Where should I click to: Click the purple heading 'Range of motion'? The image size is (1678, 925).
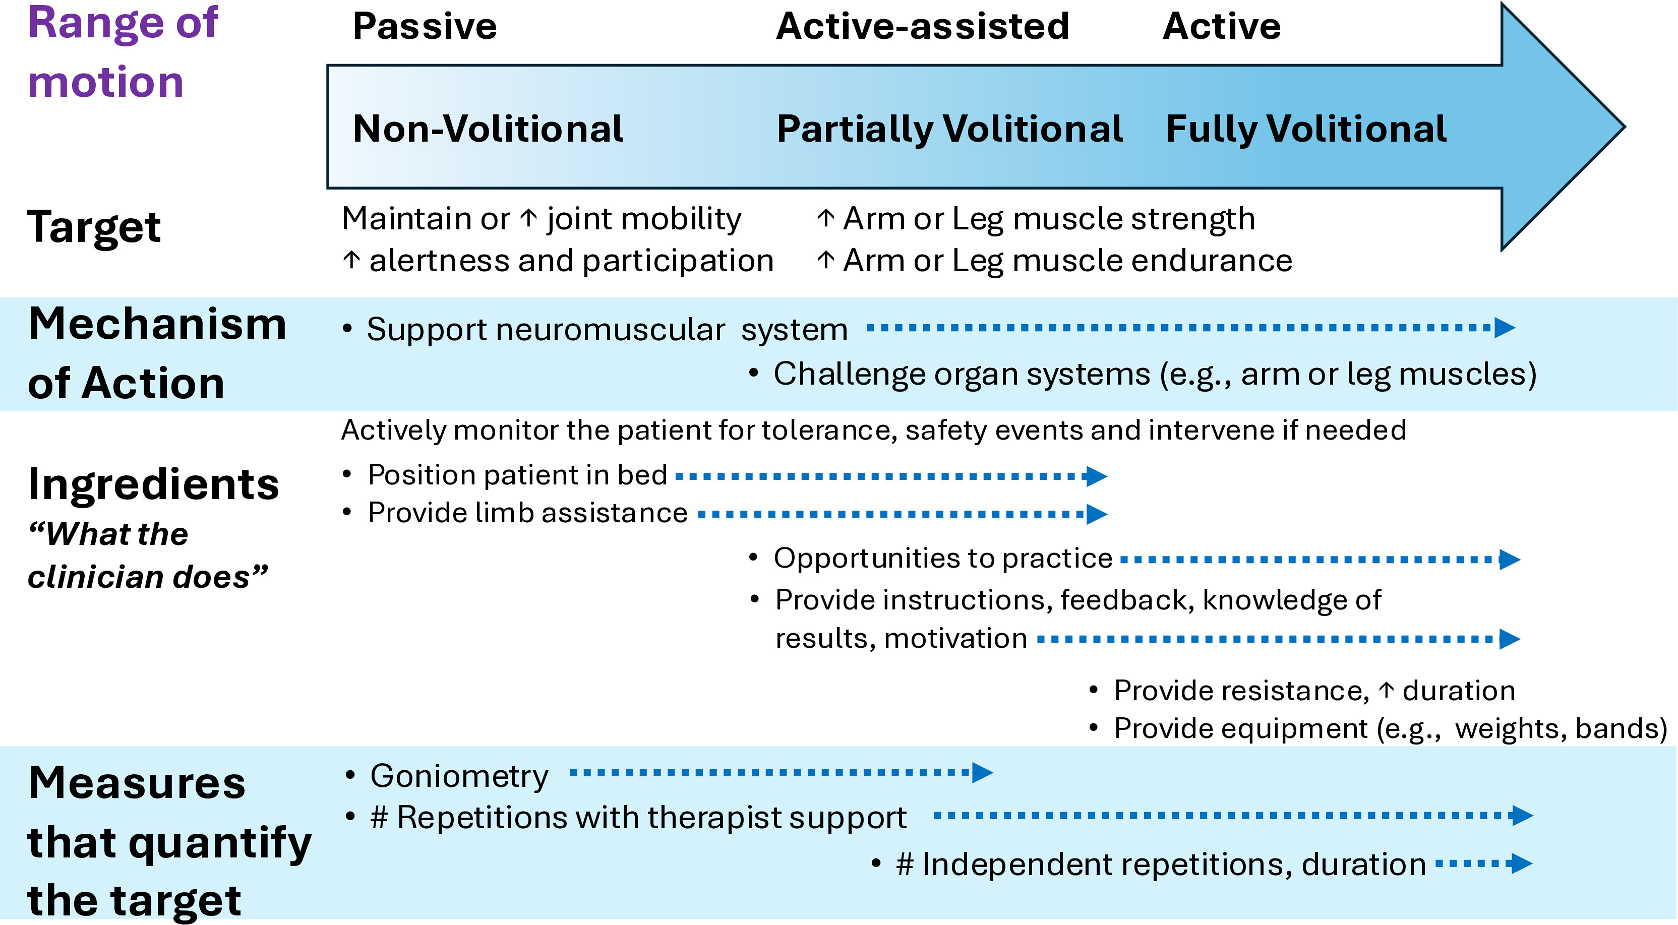pyautogui.click(x=123, y=52)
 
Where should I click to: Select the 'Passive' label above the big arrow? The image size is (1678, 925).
pyautogui.click(x=425, y=26)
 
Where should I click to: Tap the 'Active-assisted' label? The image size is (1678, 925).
pyautogui.click(x=922, y=26)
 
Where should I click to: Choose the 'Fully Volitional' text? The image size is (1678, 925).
pyautogui.click(x=1306, y=129)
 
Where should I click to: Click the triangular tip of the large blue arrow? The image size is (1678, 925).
pyautogui.click(x=1625, y=127)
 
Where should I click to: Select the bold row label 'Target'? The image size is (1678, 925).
pyautogui.click(x=94, y=227)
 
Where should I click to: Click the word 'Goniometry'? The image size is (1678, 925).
pyautogui.click(x=459, y=776)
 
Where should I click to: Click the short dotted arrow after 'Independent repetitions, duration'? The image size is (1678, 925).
pyautogui.click(x=1484, y=864)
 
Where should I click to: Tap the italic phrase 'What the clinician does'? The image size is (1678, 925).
pyautogui.click(x=148, y=555)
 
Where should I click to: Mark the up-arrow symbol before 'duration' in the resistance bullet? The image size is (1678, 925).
pyautogui.click(x=1386, y=690)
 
